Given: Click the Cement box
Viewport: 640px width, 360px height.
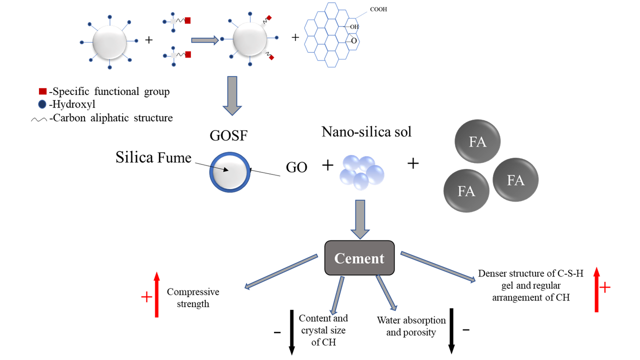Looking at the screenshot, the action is [x=359, y=258].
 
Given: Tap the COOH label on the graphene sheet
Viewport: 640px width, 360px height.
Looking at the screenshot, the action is [x=378, y=9].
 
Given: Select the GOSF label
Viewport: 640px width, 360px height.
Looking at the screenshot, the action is [x=228, y=135].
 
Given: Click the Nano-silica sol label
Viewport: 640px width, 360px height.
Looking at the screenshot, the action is [x=366, y=131].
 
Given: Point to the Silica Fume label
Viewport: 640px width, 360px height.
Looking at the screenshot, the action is [x=153, y=157].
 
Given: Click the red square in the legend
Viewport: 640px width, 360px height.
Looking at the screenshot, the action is [x=42, y=91].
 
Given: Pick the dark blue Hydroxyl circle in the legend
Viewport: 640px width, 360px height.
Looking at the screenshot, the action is [x=42, y=104].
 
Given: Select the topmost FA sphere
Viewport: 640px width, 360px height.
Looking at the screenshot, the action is [x=477, y=141].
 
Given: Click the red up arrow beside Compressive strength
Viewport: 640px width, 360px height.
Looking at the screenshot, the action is [x=156, y=294].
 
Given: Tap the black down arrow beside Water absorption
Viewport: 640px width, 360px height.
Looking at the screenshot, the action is [x=451, y=331].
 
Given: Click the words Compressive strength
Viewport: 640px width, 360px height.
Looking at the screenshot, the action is [x=193, y=297].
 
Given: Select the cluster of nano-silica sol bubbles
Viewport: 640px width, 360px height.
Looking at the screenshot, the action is [x=361, y=172].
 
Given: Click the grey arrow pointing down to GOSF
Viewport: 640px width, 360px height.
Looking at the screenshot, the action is [x=232, y=95].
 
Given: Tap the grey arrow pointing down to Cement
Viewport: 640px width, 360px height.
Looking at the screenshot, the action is [x=360, y=219].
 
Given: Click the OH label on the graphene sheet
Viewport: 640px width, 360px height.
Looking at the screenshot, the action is [x=354, y=27].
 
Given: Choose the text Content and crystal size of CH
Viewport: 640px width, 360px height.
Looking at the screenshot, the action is [x=323, y=330].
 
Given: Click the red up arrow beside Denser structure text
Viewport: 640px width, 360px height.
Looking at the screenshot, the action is [x=596, y=289].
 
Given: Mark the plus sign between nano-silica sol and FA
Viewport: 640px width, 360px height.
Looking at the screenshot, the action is [x=413, y=163].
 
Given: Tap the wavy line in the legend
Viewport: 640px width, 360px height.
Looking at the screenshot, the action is [x=39, y=119].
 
